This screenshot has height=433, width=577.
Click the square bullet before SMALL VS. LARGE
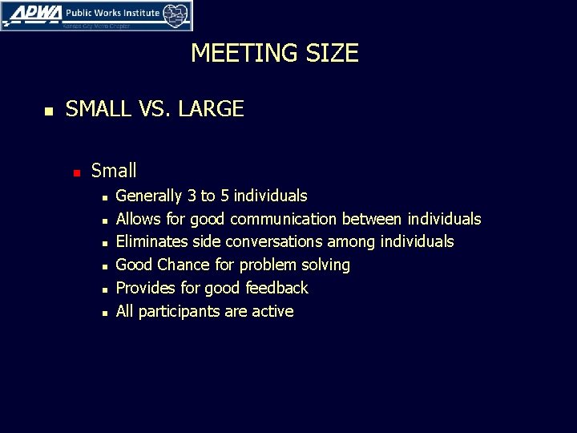(48, 111)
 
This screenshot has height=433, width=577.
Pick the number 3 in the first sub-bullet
(192, 196)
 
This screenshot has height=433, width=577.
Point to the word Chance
(184, 265)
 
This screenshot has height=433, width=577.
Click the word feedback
(276, 288)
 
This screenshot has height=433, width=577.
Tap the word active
(272, 311)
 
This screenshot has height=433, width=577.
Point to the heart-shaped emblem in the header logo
(176, 14)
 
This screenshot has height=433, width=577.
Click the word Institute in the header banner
(135, 13)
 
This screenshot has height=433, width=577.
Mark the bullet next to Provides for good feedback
(104, 289)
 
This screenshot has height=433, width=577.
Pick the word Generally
(149, 196)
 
